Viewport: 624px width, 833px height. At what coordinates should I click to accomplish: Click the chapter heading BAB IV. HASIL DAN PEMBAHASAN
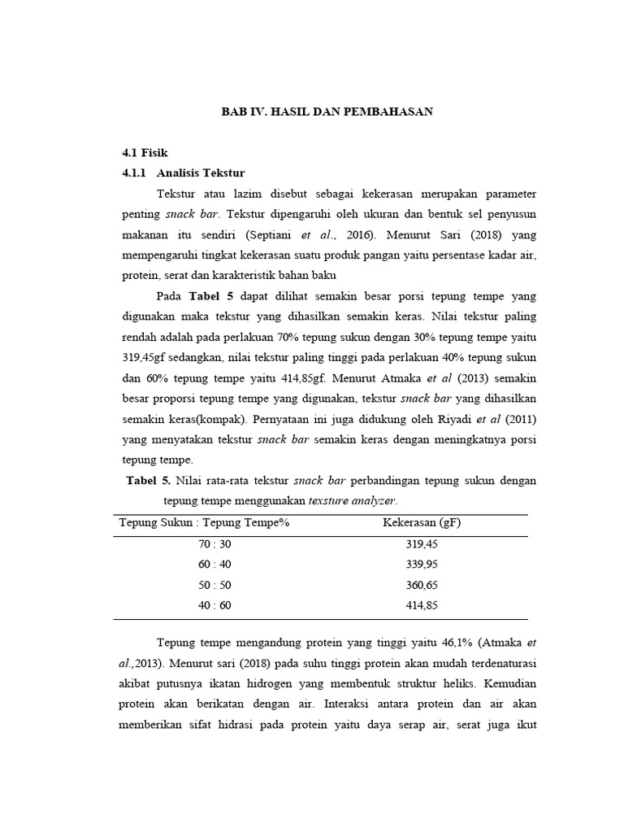click(x=327, y=112)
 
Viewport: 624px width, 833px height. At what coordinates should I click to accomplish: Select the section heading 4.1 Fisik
click(x=145, y=152)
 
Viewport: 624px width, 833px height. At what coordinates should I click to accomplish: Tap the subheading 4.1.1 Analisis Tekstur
click(x=183, y=173)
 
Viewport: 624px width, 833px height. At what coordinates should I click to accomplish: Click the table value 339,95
click(x=421, y=565)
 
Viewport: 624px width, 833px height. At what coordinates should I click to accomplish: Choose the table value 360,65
click(x=421, y=585)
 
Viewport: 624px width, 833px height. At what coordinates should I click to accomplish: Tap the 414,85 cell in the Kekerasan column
click(x=421, y=606)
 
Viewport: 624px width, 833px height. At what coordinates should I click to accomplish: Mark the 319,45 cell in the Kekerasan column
click(x=421, y=543)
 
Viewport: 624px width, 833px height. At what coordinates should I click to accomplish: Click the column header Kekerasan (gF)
click(x=422, y=522)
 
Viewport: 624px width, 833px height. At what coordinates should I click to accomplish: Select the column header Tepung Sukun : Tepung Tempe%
click(x=204, y=522)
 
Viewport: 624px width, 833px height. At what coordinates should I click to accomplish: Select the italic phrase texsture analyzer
click(x=354, y=500)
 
